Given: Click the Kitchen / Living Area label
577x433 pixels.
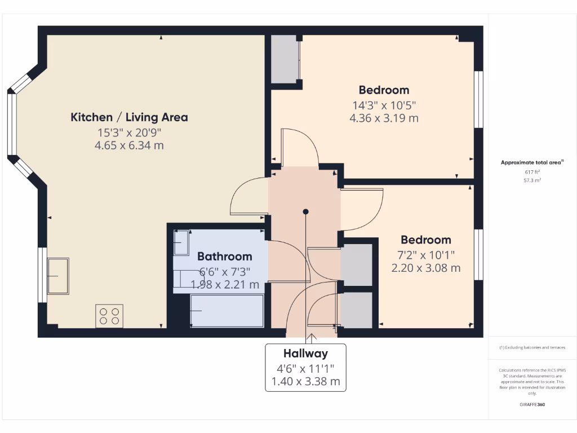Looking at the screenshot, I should [129, 117].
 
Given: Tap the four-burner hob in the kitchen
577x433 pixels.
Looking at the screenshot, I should [109, 315].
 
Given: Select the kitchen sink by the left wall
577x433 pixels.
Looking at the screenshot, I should [58, 276].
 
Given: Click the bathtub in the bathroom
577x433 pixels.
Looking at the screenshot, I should [227, 310].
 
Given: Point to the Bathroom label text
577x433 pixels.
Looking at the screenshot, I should [224, 257].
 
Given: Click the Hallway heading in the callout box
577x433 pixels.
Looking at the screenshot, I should [305, 354].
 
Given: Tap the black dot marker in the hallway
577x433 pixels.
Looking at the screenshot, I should [305, 212].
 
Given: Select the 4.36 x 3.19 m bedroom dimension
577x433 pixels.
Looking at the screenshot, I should [384, 118].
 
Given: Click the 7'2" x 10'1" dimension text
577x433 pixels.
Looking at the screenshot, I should [425, 254].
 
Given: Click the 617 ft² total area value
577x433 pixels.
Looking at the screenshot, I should [532, 172].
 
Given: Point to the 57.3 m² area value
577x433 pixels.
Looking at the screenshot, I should [532, 181].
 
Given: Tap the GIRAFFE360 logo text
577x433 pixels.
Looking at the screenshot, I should [532, 405].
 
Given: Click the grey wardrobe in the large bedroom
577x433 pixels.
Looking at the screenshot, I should [285, 59].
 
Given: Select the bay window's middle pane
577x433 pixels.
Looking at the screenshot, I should [11, 124].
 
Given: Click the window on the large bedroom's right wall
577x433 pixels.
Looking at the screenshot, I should [478, 99].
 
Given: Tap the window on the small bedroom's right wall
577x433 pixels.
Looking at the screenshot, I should [478, 254].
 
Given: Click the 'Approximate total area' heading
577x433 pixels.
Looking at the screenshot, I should [532, 162].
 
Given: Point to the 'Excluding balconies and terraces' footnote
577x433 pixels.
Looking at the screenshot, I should [532, 347].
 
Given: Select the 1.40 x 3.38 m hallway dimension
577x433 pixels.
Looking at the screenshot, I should [305, 381].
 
